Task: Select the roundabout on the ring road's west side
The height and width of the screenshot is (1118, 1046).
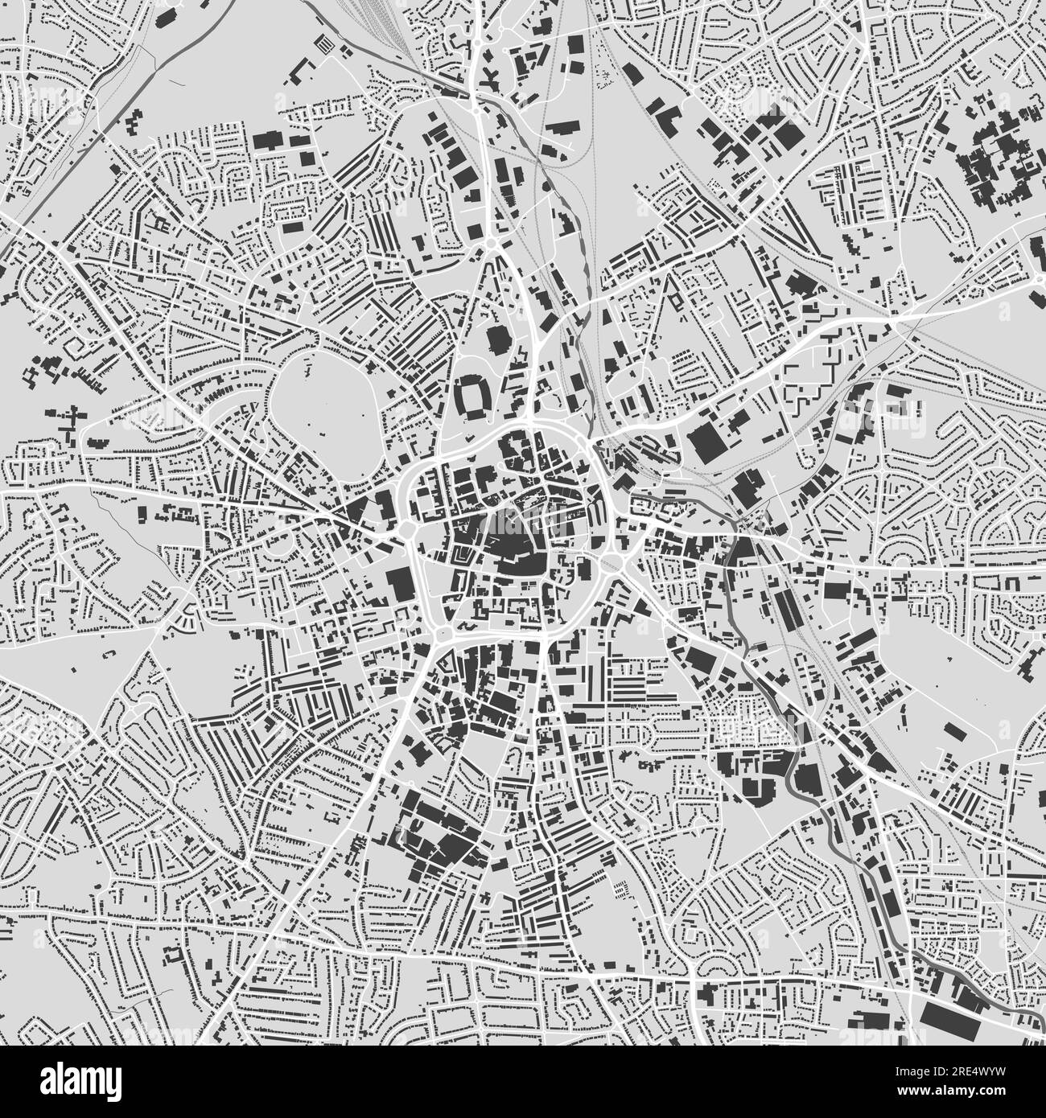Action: [x=406, y=531]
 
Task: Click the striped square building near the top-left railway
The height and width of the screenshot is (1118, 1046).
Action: [x=325, y=44]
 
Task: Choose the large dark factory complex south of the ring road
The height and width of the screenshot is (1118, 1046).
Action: [x=434, y=836]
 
